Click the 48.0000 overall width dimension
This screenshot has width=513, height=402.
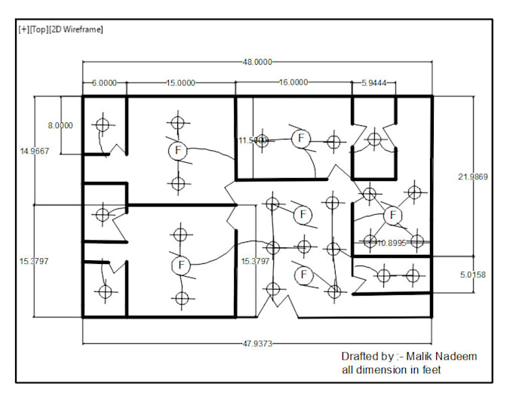pyautogui.click(x=257, y=62)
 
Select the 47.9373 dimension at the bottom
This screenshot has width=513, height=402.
pyautogui.click(x=257, y=343)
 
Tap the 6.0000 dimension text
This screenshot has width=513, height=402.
pyautogui.click(x=104, y=84)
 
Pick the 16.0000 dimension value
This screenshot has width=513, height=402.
pyautogui.click(x=293, y=84)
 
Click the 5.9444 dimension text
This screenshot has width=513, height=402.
pyautogui.click(x=374, y=84)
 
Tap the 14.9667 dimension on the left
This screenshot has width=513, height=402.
pyautogui.click(x=35, y=151)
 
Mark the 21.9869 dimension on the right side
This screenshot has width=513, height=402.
pyautogui.click(x=473, y=177)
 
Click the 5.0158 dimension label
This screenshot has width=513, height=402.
pyautogui.click(x=473, y=275)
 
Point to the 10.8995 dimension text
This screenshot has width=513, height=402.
pyautogui.click(x=392, y=243)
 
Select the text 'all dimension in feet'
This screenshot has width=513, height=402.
pyautogui.click(x=391, y=370)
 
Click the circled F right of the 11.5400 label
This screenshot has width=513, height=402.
pyautogui.click(x=300, y=138)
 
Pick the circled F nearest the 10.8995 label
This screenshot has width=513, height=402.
pyautogui.click(x=392, y=216)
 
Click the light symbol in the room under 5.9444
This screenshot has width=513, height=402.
pyautogui.click(x=373, y=139)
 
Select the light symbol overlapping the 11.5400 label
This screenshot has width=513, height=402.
pyautogui.click(x=262, y=141)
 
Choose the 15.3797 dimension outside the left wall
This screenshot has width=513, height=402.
pyautogui.click(x=35, y=261)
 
